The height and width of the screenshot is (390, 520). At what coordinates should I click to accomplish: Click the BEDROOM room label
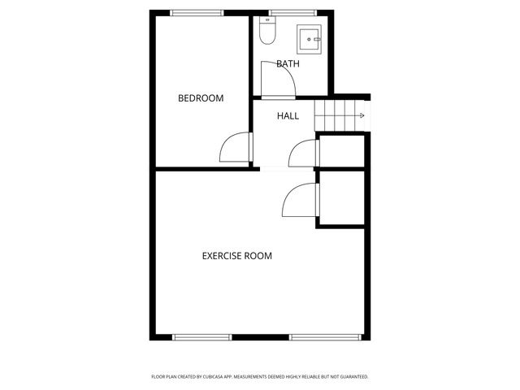point(201,98)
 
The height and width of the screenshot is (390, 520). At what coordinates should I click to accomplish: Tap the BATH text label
point(287,63)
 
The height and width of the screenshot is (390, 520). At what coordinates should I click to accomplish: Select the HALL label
point(288,116)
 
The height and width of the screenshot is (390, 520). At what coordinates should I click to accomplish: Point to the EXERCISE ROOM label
point(236,256)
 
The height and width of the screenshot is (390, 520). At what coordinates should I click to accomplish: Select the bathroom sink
point(310,37)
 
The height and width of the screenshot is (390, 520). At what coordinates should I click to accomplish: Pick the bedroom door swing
point(235,149)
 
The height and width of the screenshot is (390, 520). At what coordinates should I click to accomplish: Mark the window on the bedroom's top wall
point(197,12)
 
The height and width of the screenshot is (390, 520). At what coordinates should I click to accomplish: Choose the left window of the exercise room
point(201,337)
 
